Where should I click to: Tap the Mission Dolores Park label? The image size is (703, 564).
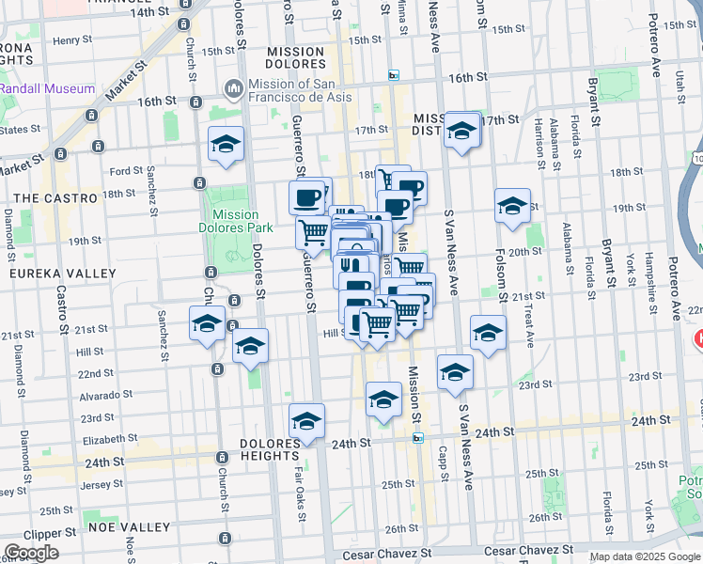click(236, 220)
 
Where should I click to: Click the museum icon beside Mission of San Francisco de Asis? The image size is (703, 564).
click(232, 88)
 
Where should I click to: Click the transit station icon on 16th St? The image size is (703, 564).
click(394, 75)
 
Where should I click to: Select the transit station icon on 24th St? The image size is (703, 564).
click(418, 437)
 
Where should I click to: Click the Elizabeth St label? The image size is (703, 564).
click(110, 439)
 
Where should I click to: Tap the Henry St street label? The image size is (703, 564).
click(69, 40)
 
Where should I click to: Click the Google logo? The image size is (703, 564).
click(31, 552)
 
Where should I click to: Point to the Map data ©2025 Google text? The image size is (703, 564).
click(644, 556)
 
